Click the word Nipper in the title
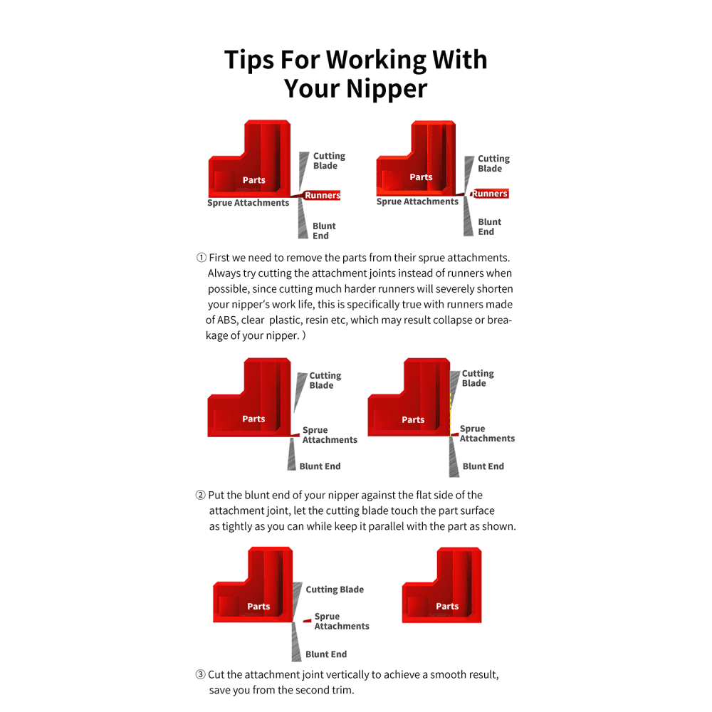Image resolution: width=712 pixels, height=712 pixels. coord(387,89)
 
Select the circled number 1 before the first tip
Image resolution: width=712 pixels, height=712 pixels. coord(201,258)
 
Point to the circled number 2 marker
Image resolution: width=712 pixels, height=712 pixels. coord(200,495)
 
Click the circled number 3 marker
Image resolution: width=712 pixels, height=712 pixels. coord(200,674)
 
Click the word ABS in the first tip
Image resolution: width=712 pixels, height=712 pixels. coord(228,320)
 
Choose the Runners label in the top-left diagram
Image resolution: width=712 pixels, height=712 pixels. coord(323,195)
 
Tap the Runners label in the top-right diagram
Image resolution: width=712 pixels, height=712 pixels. coord(490,194)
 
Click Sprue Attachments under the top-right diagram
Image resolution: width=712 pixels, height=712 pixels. coord(417,201)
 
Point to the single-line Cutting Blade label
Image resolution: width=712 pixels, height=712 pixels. coord(335,590)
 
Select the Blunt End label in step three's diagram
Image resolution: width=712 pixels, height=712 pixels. coord(326,654)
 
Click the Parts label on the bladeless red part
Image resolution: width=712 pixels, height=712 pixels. coord(447,606)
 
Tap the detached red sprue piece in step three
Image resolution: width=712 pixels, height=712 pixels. coord(308,620)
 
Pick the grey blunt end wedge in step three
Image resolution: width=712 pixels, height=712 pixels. coord(296,642)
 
